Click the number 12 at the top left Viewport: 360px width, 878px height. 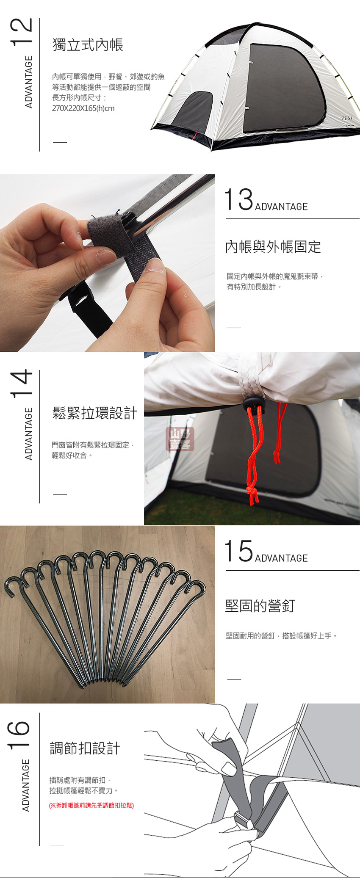(21, 31)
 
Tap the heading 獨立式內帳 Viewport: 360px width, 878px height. (88, 45)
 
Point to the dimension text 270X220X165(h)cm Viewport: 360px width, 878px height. (83, 108)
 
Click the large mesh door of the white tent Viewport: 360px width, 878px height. (282, 87)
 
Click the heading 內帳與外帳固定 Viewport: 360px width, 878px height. (273, 247)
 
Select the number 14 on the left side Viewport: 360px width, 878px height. (21, 384)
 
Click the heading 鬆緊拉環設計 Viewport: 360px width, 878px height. (95, 413)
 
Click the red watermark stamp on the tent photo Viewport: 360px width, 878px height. (180, 439)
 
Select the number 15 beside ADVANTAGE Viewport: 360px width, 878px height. (238, 551)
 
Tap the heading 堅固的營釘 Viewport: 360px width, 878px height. (260, 606)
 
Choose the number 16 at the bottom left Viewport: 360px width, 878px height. (19, 735)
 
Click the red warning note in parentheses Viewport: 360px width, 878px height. (91, 805)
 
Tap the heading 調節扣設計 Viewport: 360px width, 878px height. (85, 748)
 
